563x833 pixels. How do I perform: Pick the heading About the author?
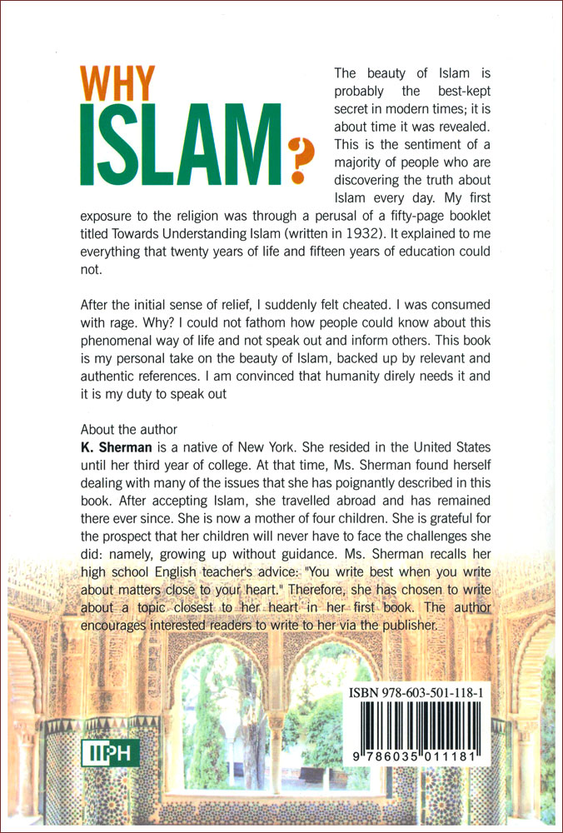128,430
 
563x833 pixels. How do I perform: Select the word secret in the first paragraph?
352,112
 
